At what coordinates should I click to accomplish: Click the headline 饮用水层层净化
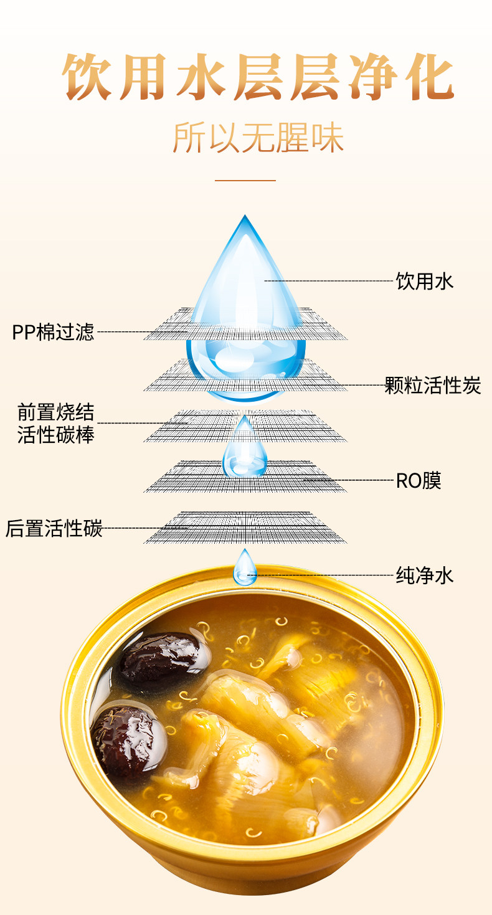click(x=258, y=77)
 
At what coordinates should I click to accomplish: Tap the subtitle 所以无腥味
click(x=258, y=138)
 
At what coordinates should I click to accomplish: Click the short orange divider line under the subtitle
click(x=245, y=181)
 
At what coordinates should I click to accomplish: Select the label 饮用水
click(x=425, y=282)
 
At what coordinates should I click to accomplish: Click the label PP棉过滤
click(x=54, y=332)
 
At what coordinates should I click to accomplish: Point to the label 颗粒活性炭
click(x=433, y=385)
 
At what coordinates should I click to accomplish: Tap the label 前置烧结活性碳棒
click(x=56, y=424)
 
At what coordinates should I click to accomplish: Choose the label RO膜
click(x=419, y=481)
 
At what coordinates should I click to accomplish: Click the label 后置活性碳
click(x=54, y=528)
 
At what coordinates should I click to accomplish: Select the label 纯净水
click(x=425, y=575)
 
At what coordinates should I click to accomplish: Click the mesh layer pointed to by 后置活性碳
click(x=245, y=527)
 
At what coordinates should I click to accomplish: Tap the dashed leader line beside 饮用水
click(x=330, y=281)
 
